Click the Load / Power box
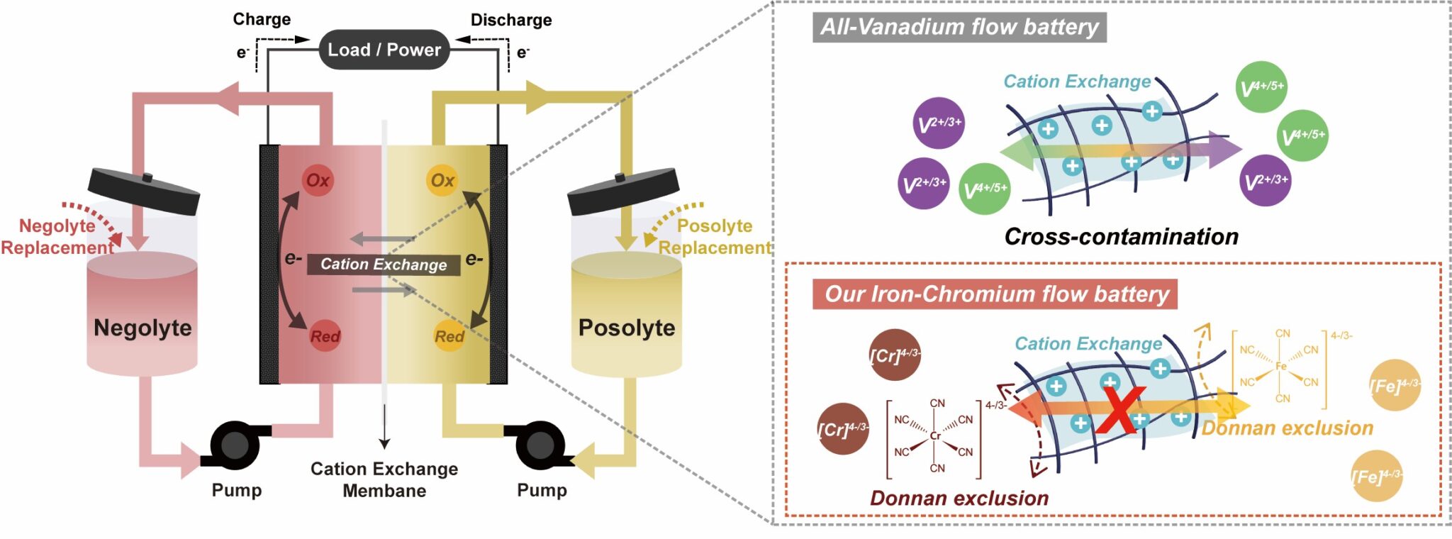tap(384, 50)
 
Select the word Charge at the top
tap(262, 19)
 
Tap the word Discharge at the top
tap(510, 20)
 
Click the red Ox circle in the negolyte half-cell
tap(318, 180)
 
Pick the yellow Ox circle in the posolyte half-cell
tap(442, 180)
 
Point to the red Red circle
tap(325, 336)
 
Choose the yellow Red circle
tap(449, 336)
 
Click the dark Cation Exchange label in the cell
tap(384, 265)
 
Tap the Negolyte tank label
tap(143, 328)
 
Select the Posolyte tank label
tap(627, 328)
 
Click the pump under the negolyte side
tap(235, 445)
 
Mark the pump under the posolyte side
tap(540, 445)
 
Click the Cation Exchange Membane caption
tap(384, 479)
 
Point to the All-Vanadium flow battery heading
tap(959, 27)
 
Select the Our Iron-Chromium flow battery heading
tap(995, 294)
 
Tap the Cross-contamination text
tap(1121, 236)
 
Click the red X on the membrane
tap(1120, 411)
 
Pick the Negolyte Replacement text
tap(57, 237)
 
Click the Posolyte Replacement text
tap(715, 237)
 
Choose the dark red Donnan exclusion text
tap(959, 498)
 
